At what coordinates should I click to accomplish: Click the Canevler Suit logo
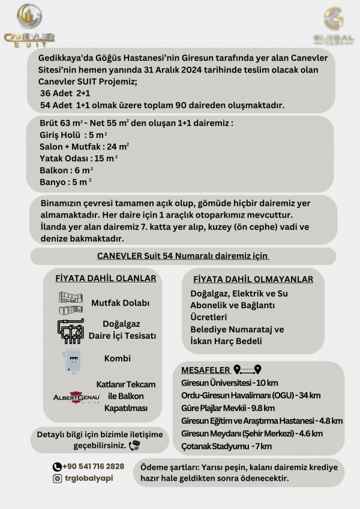click(x=29, y=25)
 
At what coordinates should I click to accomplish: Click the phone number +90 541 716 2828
click(x=94, y=466)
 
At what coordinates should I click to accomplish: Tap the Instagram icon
click(x=57, y=478)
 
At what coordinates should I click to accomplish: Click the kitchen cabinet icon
click(x=70, y=303)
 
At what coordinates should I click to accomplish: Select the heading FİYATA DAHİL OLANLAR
click(x=106, y=278)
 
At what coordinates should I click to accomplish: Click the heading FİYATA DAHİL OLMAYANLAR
click(x=253, y=279)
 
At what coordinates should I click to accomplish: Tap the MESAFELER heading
click(x=205, y=370)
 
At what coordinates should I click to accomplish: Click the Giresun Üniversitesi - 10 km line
click(x=230, y=382)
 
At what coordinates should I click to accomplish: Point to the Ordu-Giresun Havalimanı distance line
click(x=251, y=395)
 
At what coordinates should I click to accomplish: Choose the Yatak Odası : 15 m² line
click(x=78, y=158)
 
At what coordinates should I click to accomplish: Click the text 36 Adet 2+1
click(x=65, y=94)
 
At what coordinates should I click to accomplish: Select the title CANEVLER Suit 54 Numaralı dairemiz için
click(x=182, y=256)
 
